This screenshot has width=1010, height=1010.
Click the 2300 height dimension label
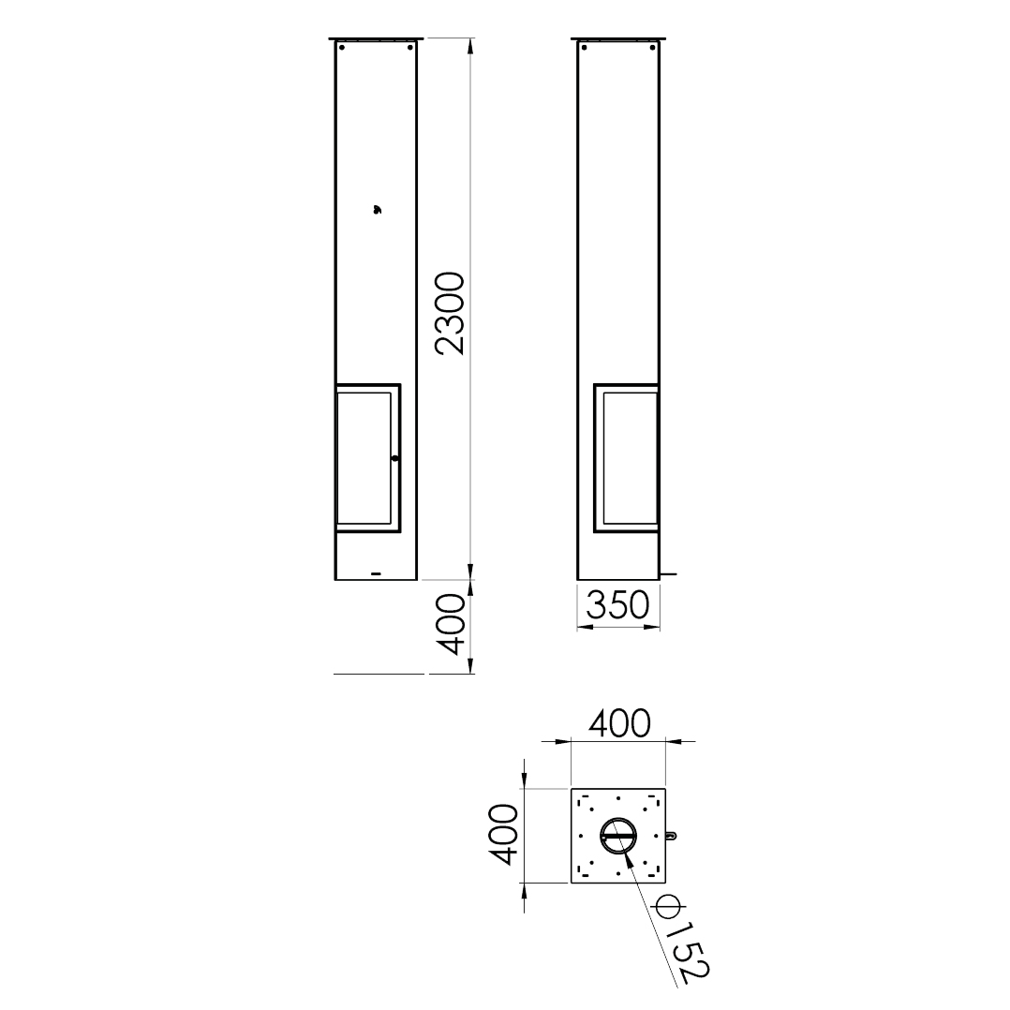click(449, 313)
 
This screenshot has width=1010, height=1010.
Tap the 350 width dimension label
click(617, 605)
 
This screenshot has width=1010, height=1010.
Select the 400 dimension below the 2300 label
click(449, 624)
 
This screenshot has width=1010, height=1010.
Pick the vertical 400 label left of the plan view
click(502, 834)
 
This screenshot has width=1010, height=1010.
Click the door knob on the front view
click(394, 459)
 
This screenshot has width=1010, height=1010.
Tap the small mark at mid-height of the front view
click(377, 209)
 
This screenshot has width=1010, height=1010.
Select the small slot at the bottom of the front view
click(377, 572)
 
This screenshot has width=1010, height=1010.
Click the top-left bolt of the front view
click(342, 47)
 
